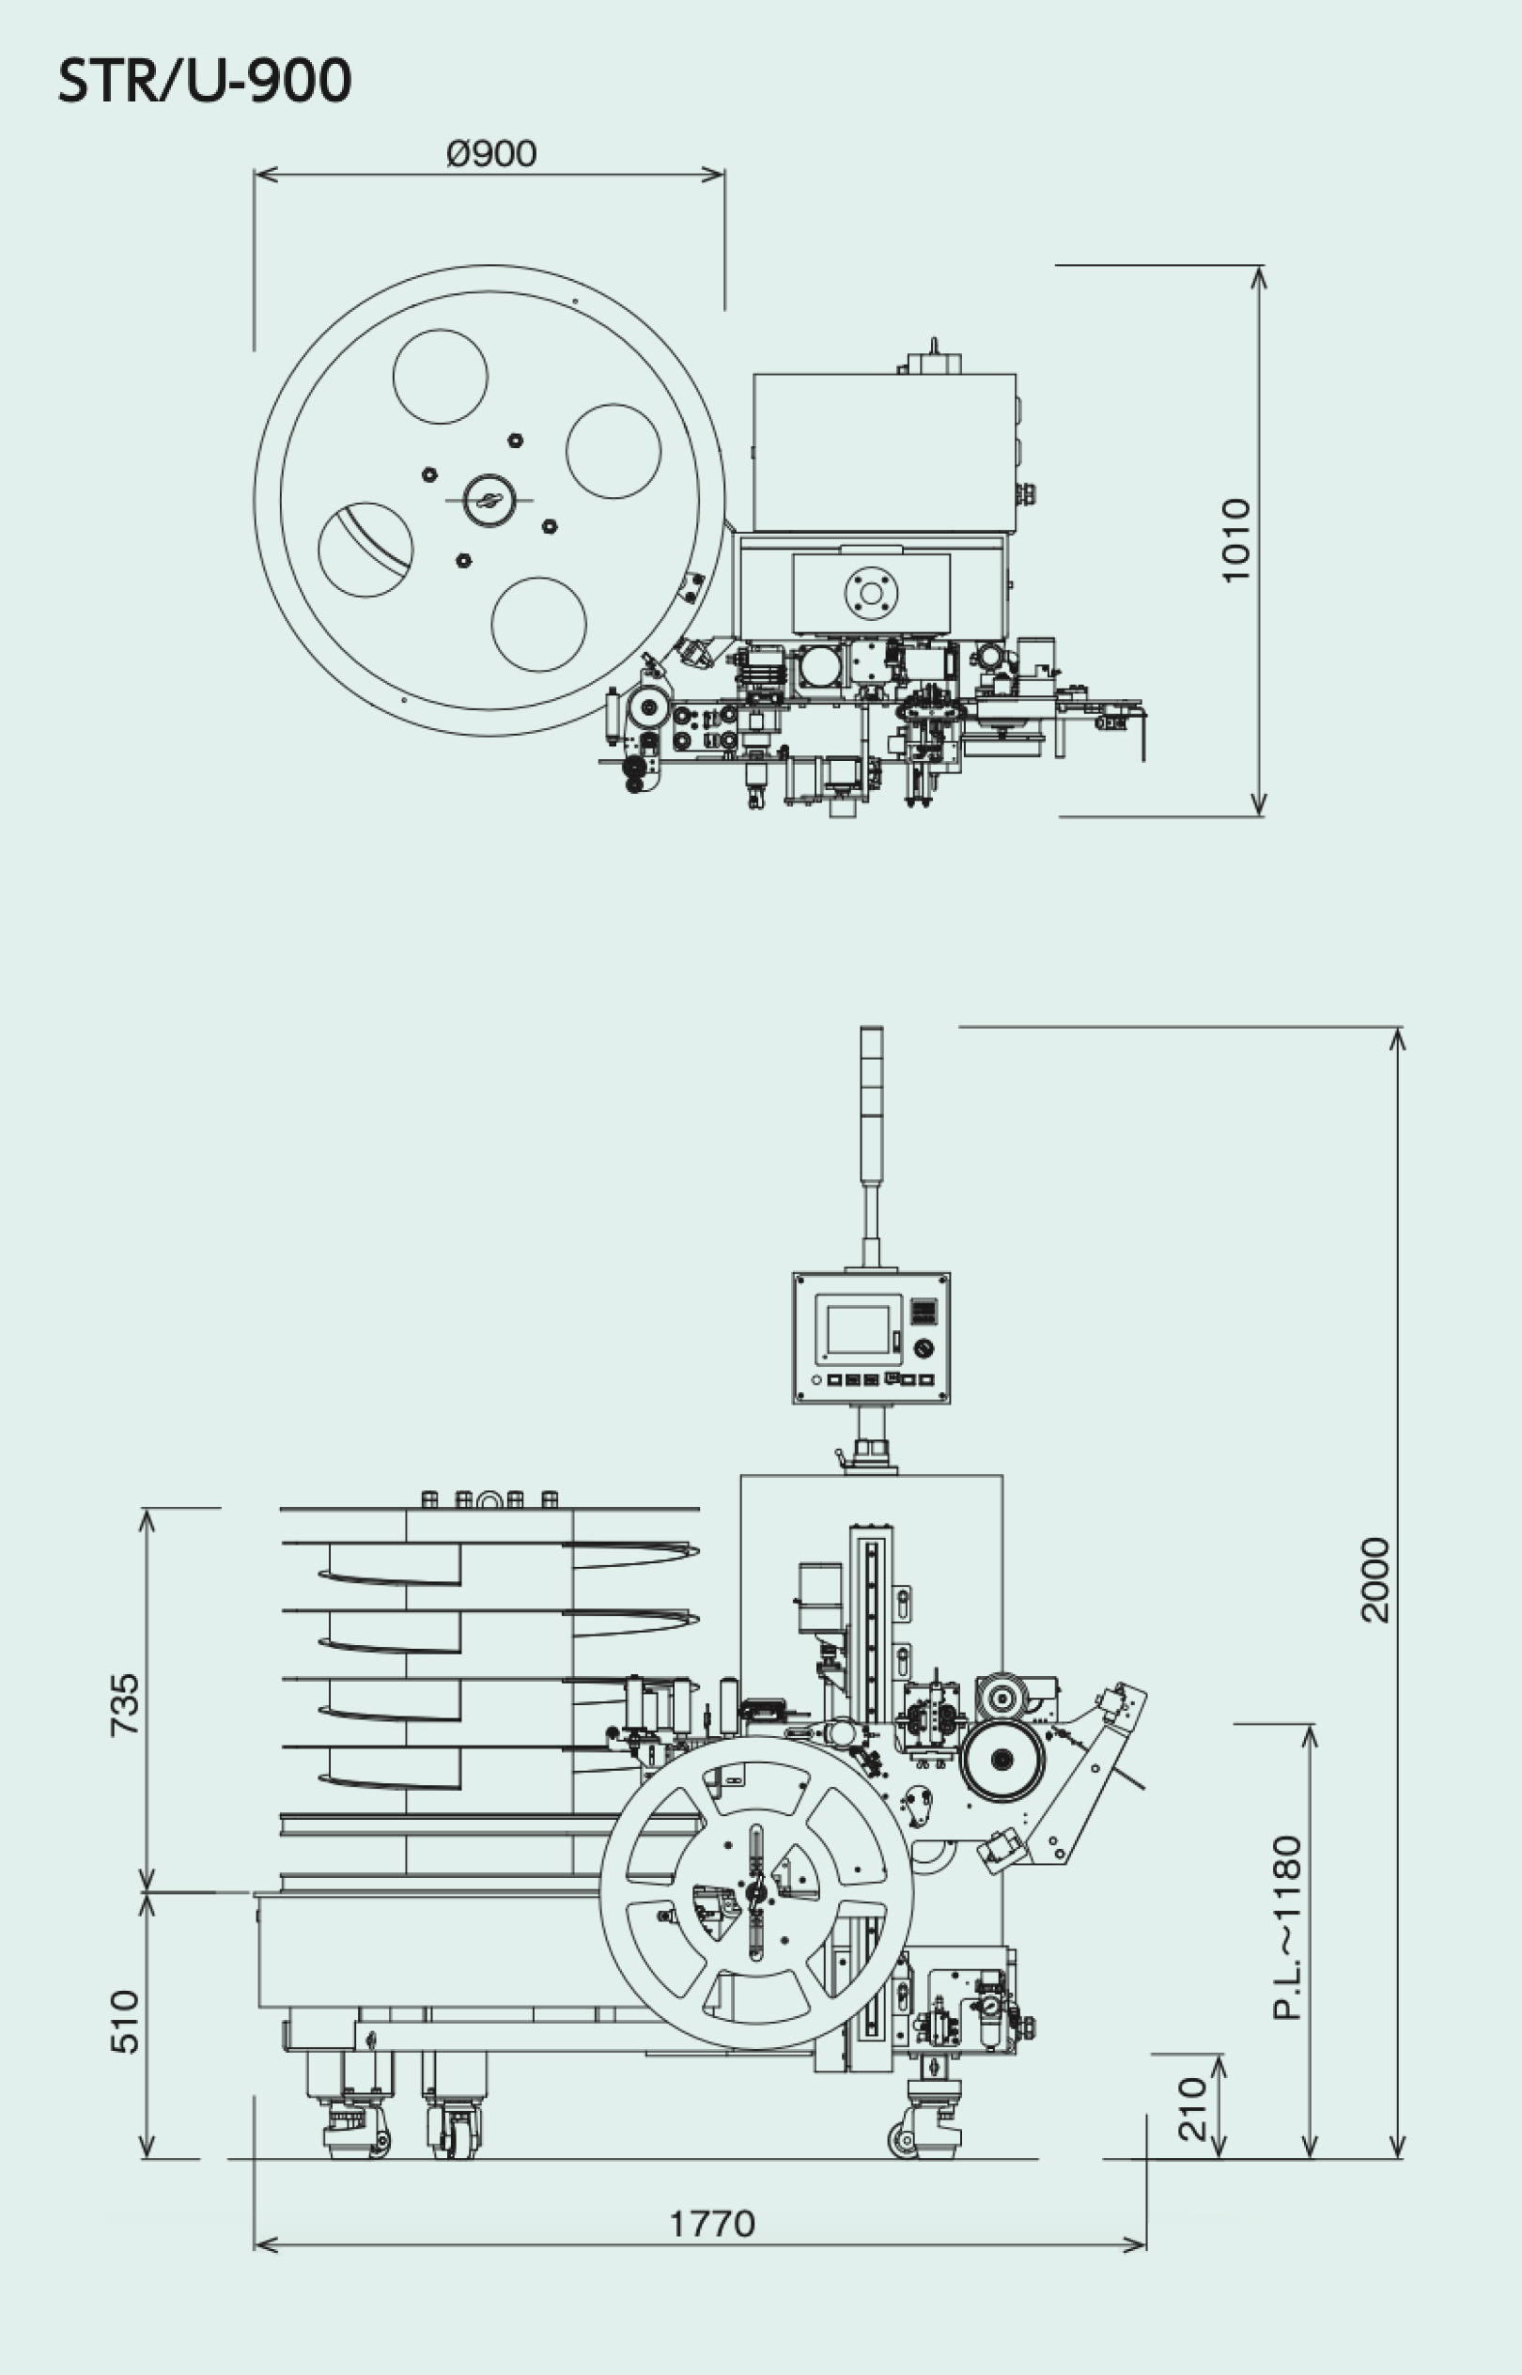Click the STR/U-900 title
[x=205, y=80]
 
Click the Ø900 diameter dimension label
[x=491, y=153]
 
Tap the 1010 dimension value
[x=1235, y=540]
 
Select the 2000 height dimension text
[x=1374, y=1579]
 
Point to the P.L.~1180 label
[x=1287, y=1927]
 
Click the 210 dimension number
[x=1193, y=2109]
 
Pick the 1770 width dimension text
[x=712, y=2224]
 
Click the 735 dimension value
[x=125, y=1705]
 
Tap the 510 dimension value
[x=125, y=2022]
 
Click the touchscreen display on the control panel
[x=858, y=1329]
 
